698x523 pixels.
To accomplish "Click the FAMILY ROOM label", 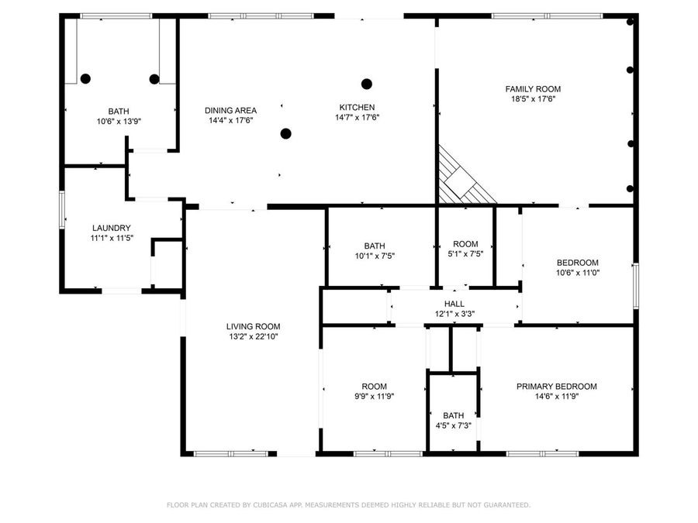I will tap(533, 89).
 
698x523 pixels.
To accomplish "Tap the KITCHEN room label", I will tap(357, 108).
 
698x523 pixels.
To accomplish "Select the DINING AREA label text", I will tap(230, 110).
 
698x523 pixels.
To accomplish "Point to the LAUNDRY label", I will tap(111, 228).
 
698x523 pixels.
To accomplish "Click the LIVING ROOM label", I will tap(253, 327).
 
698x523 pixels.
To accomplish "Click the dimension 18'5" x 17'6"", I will tap(533, 99).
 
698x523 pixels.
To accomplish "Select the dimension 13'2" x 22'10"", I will tap(253, 337).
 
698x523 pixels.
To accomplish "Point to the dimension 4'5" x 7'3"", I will tap(454, 425).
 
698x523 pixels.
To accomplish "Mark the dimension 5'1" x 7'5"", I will tap(465, 256).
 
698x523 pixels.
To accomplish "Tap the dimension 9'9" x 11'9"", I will tap(374, 397).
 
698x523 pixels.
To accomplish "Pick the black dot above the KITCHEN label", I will tap(367, 84).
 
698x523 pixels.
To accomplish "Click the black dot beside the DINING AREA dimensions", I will tap(285, 133).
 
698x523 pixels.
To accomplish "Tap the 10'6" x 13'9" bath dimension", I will tap(119, 121).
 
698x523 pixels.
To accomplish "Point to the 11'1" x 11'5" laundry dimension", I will tap(111, 238).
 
